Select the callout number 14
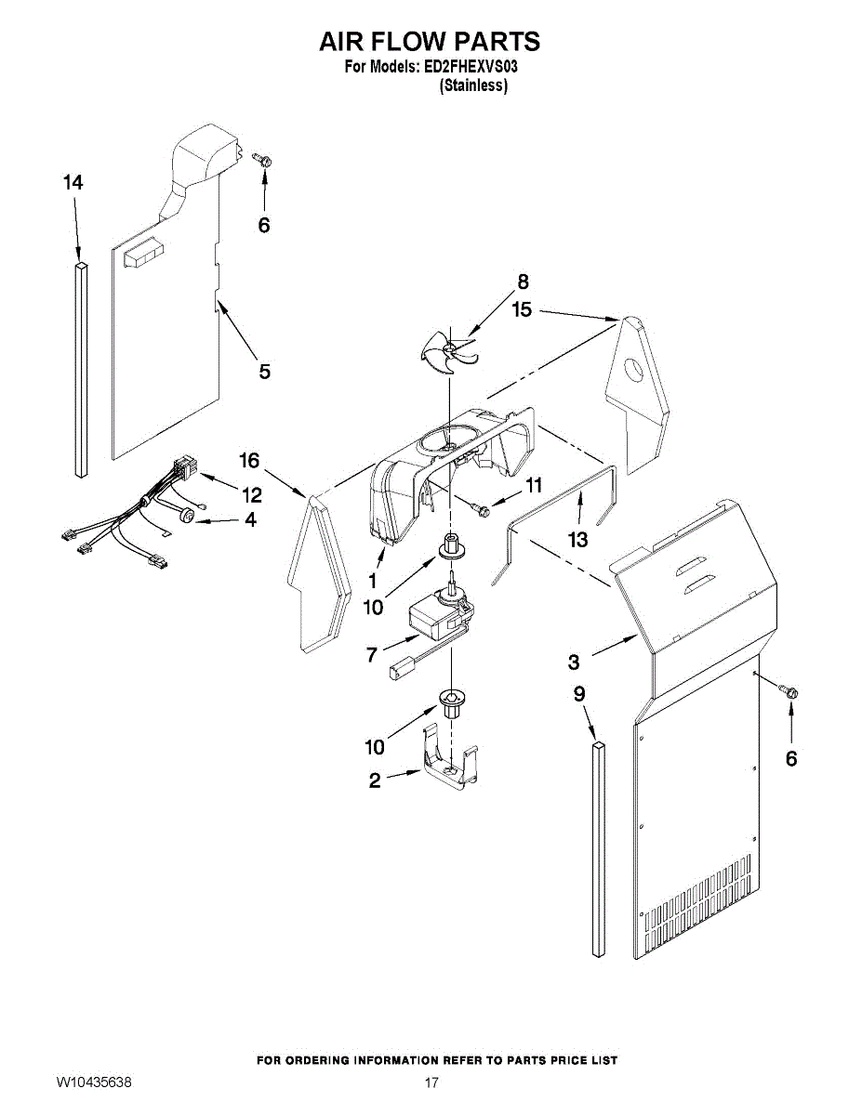pos(73,183)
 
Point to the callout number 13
pos(578,539)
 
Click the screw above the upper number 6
pos(263,161)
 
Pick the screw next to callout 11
pos(480,507)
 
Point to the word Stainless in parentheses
pos(473,85)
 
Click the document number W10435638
pos(94,1082)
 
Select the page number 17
pos(431,1082)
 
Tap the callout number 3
pos(574,662)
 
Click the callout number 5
pos(265,372)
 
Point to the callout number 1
pos(372,582)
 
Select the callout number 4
pos(250,520)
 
